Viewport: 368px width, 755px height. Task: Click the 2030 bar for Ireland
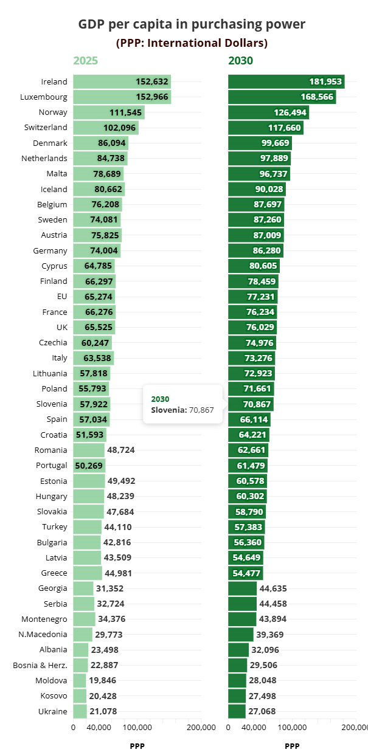[286, 81]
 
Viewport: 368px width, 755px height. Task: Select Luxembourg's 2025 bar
[122, 97]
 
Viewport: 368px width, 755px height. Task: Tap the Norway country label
[53, 112]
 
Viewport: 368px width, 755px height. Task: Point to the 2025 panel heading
[86, 61]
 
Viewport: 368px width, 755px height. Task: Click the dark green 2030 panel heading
[241, 61]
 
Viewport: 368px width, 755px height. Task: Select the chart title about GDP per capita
[192, 24]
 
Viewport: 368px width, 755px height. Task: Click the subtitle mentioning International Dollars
[192, 43]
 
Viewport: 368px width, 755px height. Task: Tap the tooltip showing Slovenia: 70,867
[182, 404]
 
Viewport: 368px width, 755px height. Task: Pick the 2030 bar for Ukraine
[237, 711]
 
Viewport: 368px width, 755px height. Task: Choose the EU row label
[61, 297]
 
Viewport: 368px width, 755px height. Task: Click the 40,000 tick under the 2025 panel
[99, 727]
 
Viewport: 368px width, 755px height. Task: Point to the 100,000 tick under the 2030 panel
[293, 727]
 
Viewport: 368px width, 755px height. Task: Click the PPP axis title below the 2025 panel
[137, 746]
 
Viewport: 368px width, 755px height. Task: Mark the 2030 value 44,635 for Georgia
[273, 588]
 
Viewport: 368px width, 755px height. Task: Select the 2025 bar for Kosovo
[80, 696]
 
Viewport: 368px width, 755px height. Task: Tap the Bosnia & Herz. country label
[40, 665]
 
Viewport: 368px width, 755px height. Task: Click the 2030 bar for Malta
[259, 174]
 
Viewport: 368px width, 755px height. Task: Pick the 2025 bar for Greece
[88, 573]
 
